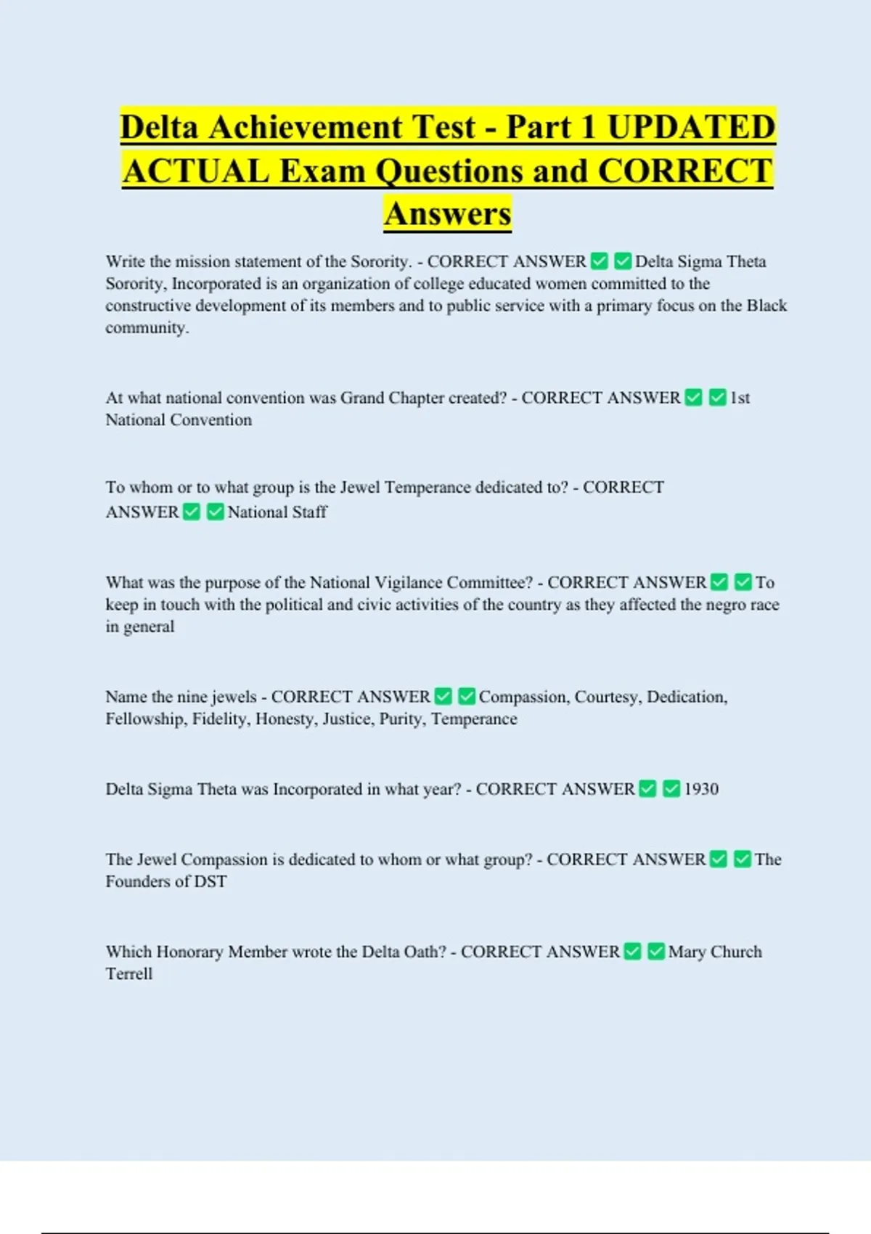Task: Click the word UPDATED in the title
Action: point(691,127)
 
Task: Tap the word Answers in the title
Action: point(448,214)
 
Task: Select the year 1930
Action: point(701,789)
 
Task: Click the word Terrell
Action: point(129,974)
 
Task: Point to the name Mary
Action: point(687,952)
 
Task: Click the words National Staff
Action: point(277,512)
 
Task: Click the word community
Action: point(147,328)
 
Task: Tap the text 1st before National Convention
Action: point(740,398)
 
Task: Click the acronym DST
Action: point(210,882)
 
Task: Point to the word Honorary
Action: point(189,952)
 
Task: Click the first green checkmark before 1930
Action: point(648,789)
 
